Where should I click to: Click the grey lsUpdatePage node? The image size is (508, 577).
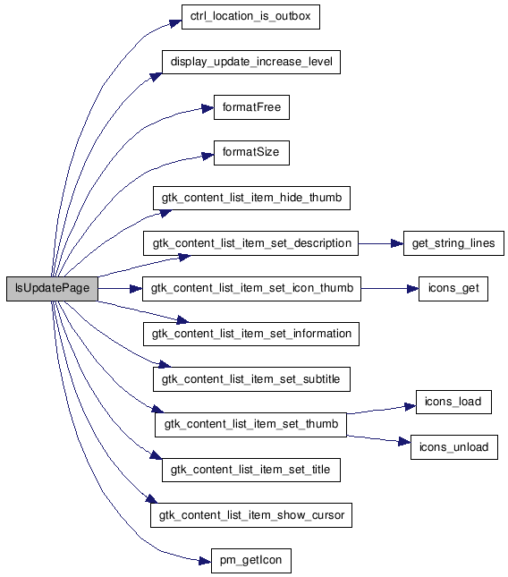(x=52, y=288)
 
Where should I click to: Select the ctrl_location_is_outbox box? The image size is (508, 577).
(x=250, y=17)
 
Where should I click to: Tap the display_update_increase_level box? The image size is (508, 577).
(x=251, y=62)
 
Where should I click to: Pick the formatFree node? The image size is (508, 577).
(x=251, y=107)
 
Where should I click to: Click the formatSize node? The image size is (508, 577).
(x=251, y=153)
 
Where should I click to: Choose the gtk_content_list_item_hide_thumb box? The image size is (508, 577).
(x=251, y=198)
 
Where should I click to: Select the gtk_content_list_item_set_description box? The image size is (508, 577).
(x=251, y=243)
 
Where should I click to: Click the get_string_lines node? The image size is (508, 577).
(x=453, y=243)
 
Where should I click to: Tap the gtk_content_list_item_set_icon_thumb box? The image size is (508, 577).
(x=251, y=289)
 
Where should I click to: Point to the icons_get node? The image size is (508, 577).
(x=453, y=289)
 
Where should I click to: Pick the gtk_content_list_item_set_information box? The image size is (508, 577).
(x=251, y=335)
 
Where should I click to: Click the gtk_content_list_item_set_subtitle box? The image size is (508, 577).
(x=251, y=379)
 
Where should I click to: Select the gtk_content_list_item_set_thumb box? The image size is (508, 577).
(x=251, y=425)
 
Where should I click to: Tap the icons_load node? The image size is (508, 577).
(x=453, y=402)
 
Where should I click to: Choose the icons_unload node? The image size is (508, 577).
(x=454, y=447)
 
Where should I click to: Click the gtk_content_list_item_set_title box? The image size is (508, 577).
(x=251, y=470)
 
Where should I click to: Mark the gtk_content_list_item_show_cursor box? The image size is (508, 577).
(x=251, y=515)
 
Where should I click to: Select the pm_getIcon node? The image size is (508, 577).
(x=251, y=561)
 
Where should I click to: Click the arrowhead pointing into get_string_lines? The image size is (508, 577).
(x=397, y=243)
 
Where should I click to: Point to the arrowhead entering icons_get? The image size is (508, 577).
(x=412, y=289)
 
